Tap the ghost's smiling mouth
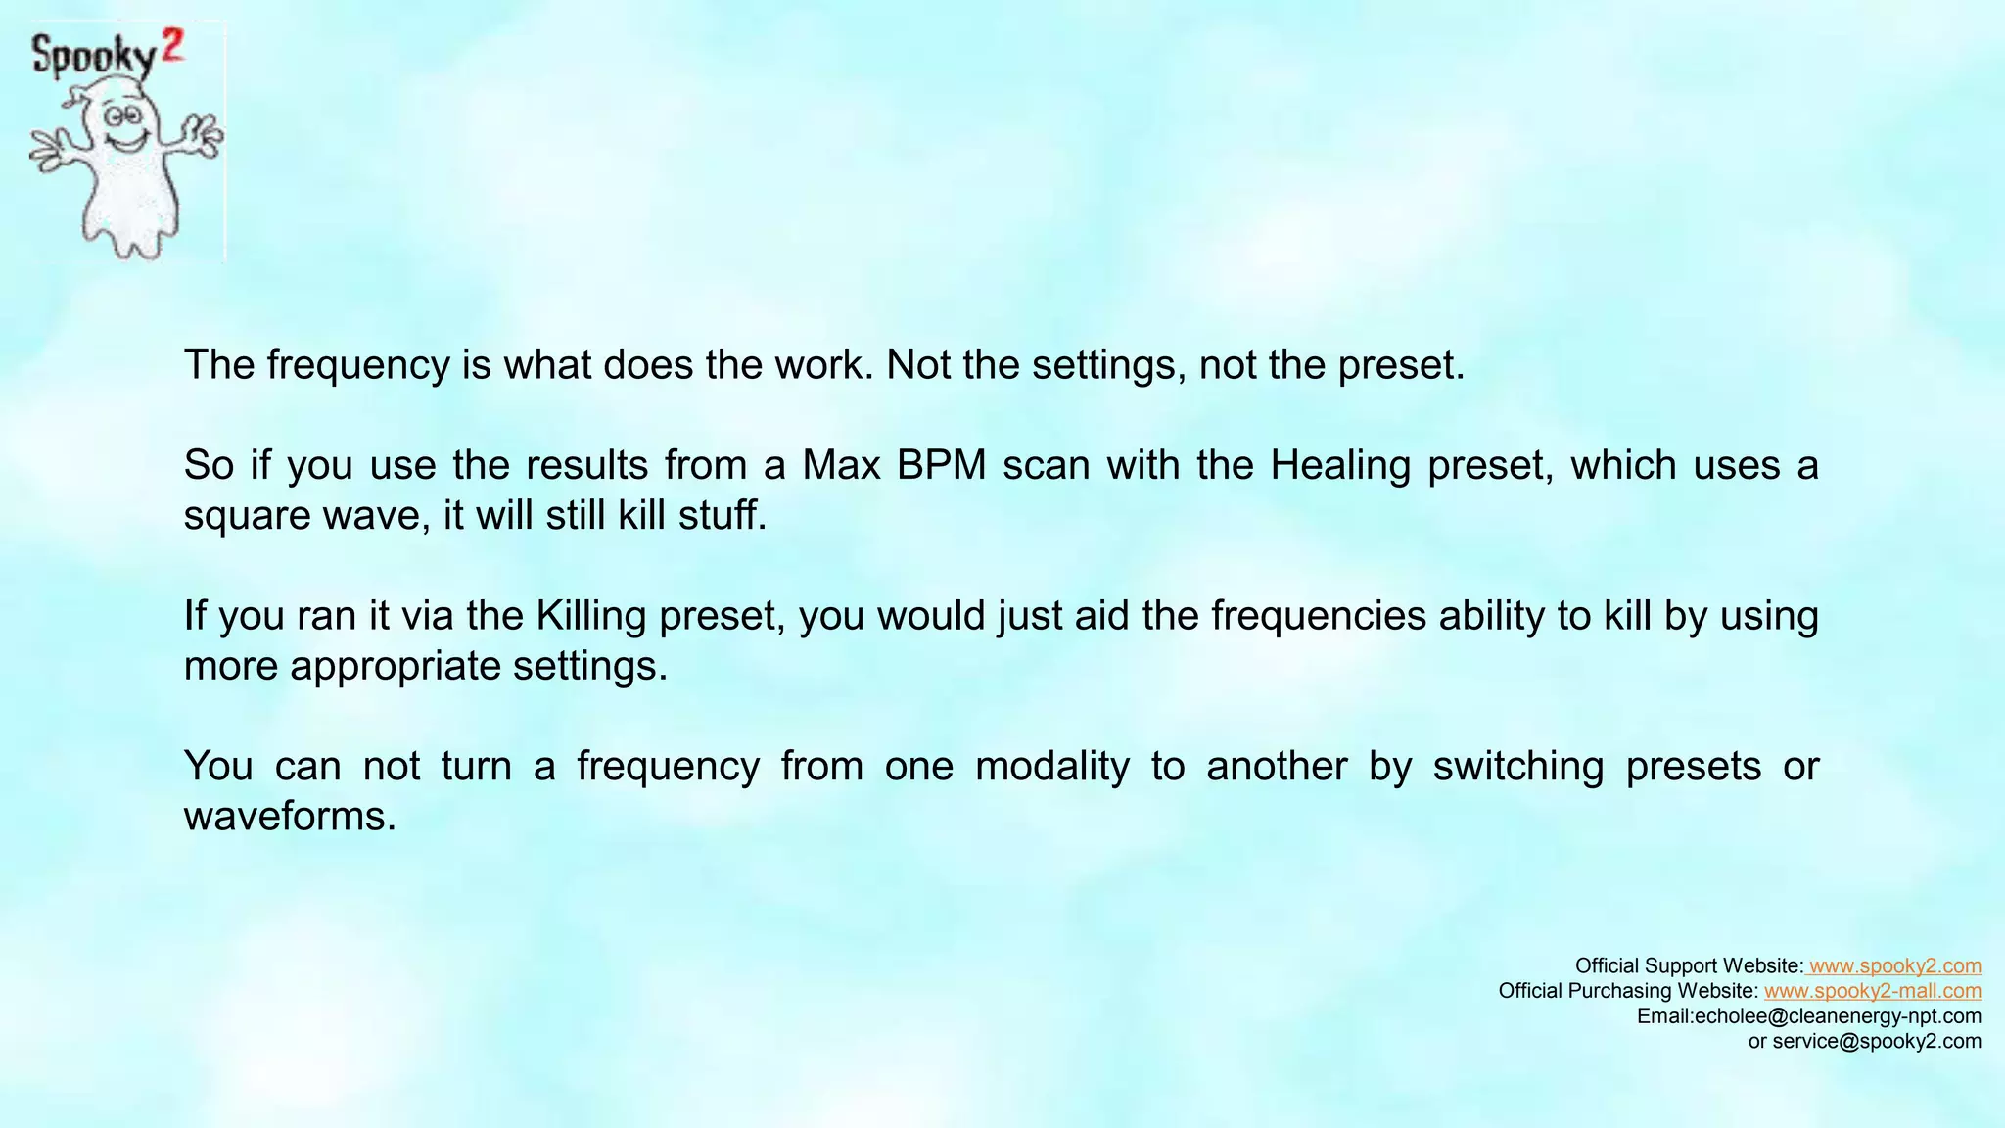[x=124, y=143]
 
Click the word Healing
[x=1340, y=464]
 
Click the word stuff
[x=724, y=515]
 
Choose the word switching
[x=1518, y=766]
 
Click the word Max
[x=842, y=464]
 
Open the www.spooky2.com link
[x=1895, y=966]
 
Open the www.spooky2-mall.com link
[x=1873, y=991]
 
